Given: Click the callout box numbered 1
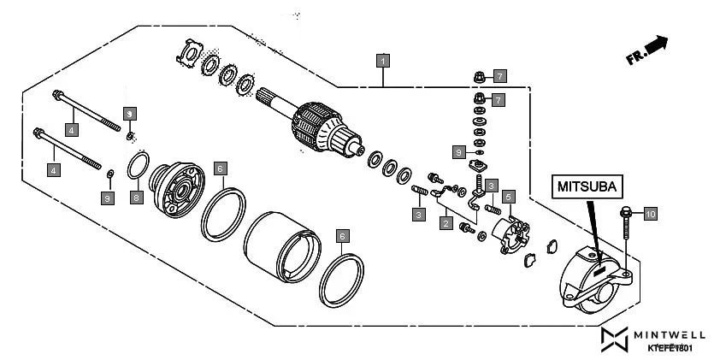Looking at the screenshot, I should (384, 60).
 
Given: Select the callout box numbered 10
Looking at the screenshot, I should (650, 214).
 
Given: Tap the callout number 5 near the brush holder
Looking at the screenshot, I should (508, 196).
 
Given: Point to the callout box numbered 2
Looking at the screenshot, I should (446, 223).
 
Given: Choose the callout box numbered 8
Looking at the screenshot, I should (135, 198).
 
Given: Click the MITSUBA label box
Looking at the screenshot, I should (587, 185).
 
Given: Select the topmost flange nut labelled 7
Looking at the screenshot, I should (480, 79).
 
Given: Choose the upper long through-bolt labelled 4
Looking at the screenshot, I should (85, 109).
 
